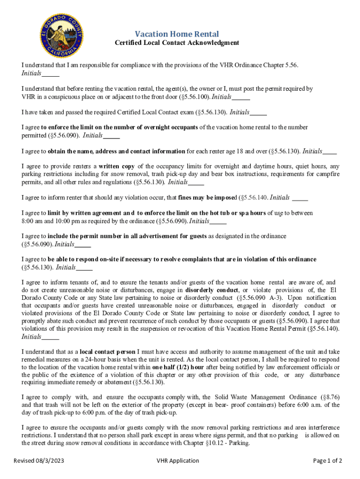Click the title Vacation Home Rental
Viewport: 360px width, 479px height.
177,34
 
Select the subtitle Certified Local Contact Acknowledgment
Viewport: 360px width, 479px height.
177,43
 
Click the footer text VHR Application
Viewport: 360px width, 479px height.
178,461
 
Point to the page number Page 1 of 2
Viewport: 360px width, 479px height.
327,461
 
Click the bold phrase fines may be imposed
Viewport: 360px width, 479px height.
207,197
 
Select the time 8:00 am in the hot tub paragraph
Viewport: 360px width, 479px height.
31,221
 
